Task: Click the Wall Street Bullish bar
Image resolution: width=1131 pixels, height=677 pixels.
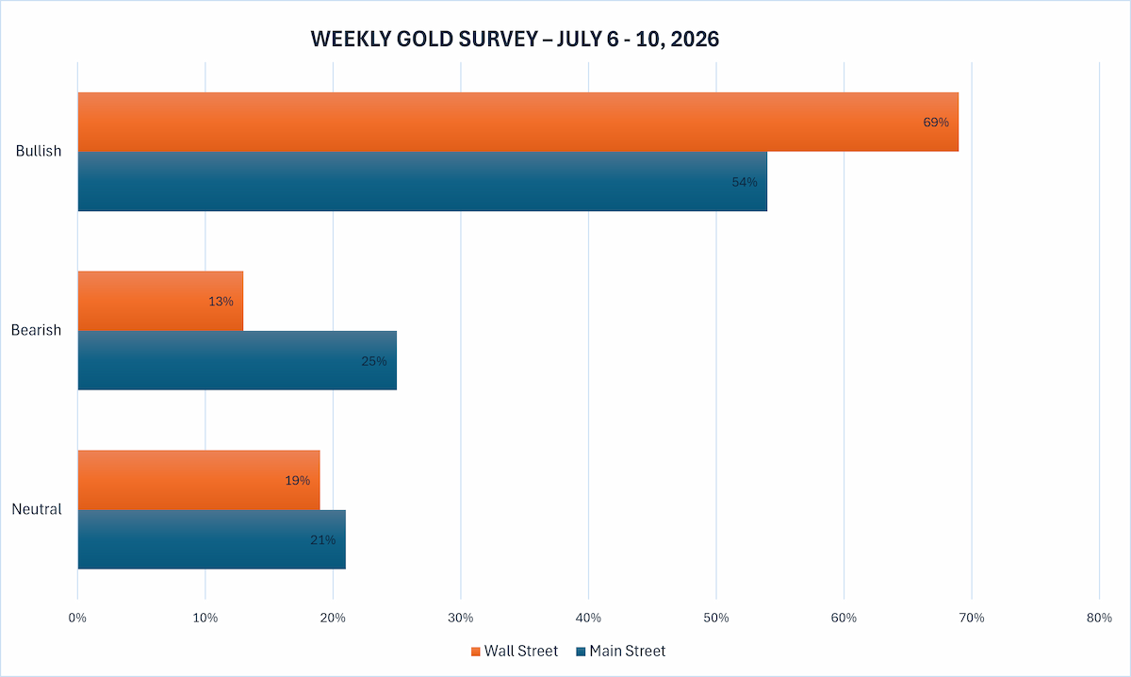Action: [x=518, y=122]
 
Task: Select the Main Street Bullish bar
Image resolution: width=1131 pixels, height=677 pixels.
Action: [x=422, y=181]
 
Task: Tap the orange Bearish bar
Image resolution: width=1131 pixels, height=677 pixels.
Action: [x=160, y=301]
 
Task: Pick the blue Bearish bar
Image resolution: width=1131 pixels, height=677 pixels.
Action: [x=238, y=360]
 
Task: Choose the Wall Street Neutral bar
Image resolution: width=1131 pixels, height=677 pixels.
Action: [x=199, y=480]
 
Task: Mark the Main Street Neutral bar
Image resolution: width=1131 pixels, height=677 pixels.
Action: [x=211, y=539]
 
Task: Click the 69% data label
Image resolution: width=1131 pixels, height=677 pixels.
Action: [x=936, y=123]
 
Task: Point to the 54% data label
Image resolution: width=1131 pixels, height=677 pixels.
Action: [x=745, y=182]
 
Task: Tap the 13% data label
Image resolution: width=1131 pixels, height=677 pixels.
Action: [x=221, y=302]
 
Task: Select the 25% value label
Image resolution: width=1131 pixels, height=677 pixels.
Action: [x=373, y=361]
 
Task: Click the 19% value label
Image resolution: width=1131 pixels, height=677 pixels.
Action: [x=298, y=481]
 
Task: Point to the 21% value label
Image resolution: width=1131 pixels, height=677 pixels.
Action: [x=322, y=540]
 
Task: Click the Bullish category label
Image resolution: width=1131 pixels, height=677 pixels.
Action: [x=39, y=151]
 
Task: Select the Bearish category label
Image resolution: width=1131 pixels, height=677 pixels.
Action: [x=36, y=330]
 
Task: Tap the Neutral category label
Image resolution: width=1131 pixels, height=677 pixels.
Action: [x=37, y=509]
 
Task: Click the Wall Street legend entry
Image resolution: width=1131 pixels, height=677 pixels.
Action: [x=515, y=652]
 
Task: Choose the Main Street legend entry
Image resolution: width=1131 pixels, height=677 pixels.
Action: [x=621, y=652]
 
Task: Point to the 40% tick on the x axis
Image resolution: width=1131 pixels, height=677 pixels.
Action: [x=589, y=618]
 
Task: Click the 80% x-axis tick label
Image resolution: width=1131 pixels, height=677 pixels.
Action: [x=1099, y=618]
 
